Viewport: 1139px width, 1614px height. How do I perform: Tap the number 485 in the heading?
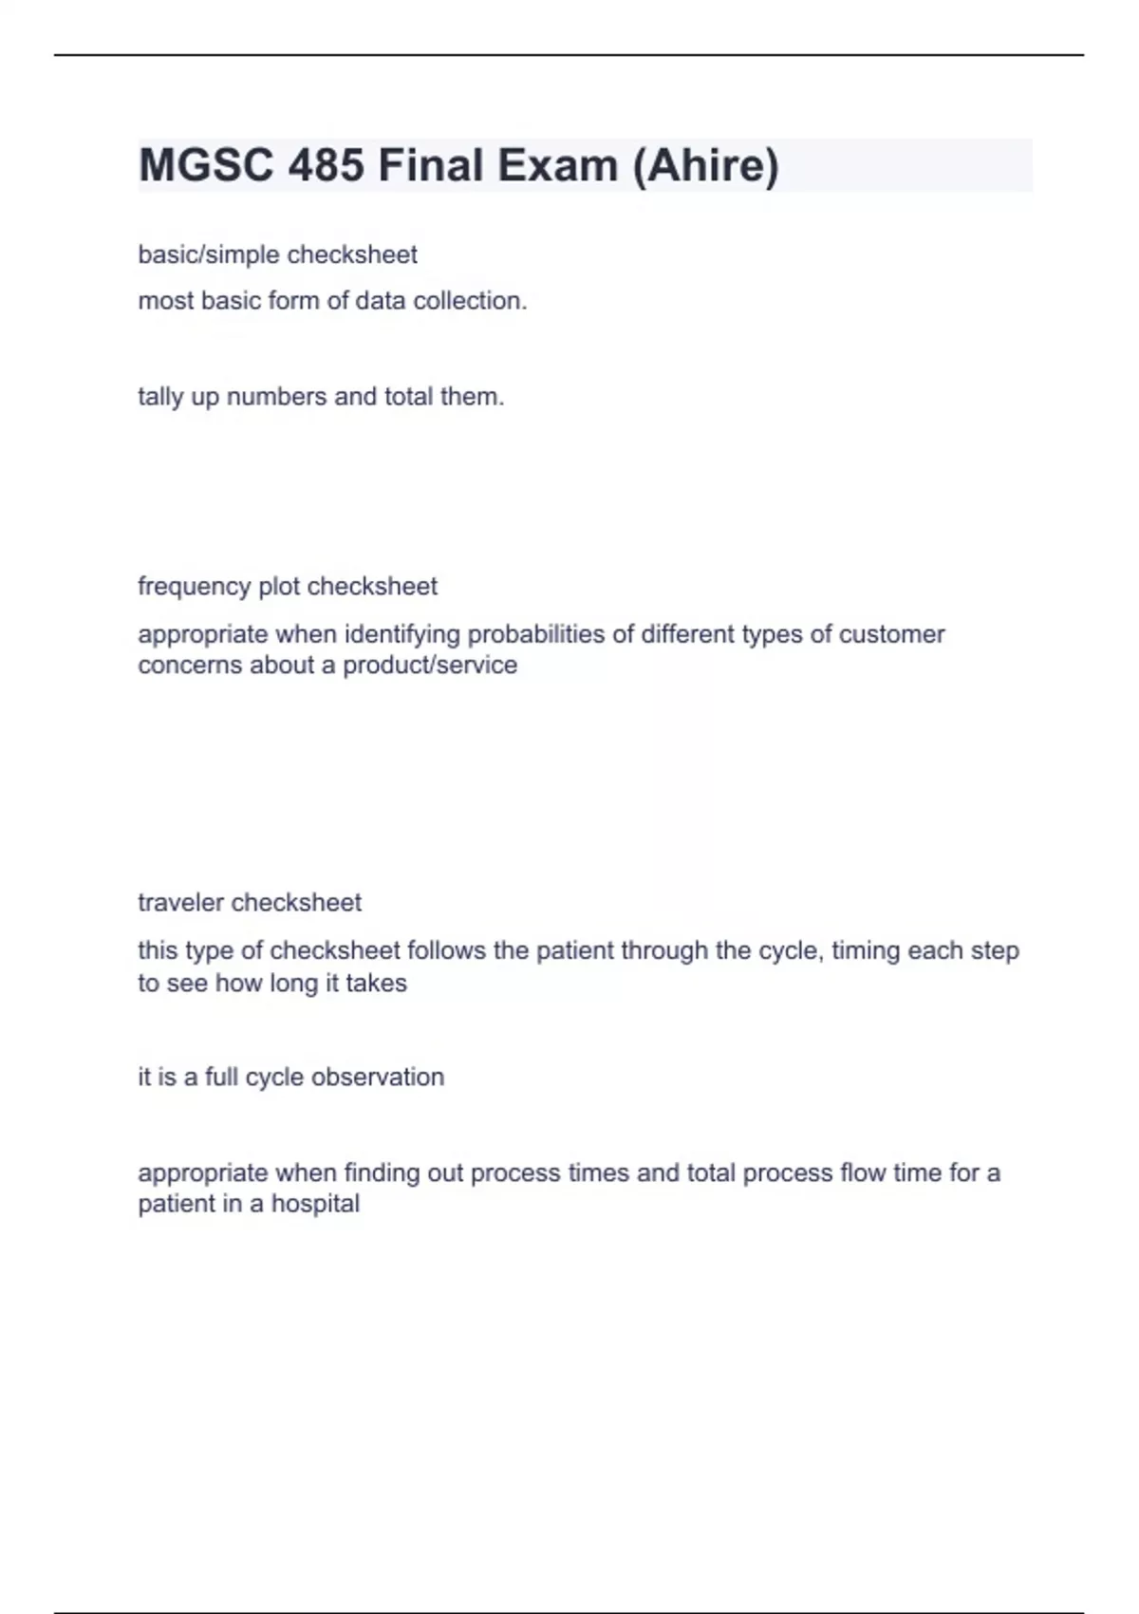coord(326,165)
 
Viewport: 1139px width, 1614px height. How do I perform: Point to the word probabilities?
coord(537,634)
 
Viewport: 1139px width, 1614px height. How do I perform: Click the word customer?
coord(891,634)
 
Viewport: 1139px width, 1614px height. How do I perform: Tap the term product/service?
coord(430,666)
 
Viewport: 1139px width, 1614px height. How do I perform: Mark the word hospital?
coord(315,1204)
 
